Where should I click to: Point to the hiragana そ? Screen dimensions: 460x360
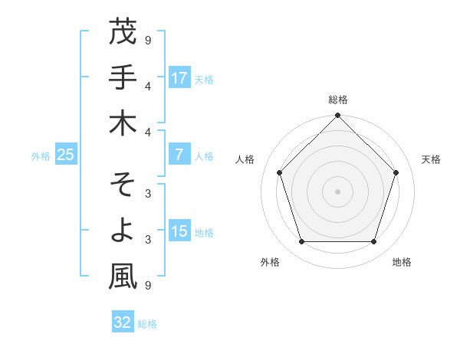(123, 185)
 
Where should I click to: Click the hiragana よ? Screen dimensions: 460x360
(123, 231)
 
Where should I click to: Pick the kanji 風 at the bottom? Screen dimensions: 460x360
(123, 277)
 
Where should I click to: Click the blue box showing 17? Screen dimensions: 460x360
(179, 77)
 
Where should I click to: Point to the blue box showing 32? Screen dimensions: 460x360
(123, 322)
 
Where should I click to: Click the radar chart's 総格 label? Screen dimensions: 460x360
(338, 100)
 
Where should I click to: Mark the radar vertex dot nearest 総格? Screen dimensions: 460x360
(338, 116)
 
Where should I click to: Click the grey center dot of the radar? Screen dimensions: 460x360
(338, 191)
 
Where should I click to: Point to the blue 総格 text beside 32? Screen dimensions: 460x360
(147, 324)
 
